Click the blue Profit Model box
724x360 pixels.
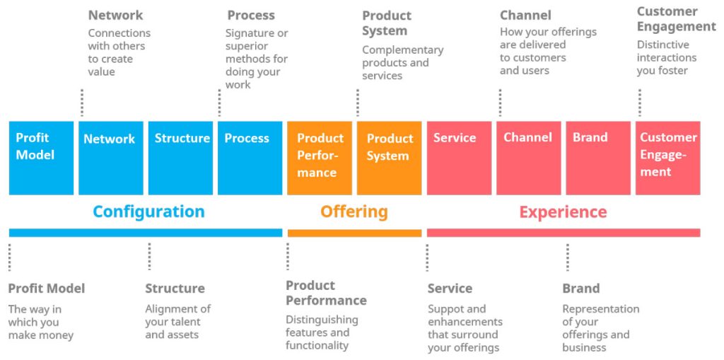pyautogui.click(x=41, y=157)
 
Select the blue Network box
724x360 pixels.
pyautogui.click(x=110, y=157)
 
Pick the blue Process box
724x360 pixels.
pyautogui.click(x=250, y=157)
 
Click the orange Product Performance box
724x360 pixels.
pyautogui.click(x=319, y=157)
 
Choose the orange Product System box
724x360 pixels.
pyautogui.click(x=389, y=157)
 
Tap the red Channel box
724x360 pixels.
pyautogui.click(x=528, y=157)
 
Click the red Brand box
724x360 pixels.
pyautogui.click(x=597, y=157)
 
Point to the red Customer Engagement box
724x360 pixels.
pyautogui.click(x=667, y=157)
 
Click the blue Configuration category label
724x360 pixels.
pyautogui.click(x=148, y=211)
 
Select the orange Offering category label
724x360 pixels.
pyautogui.click(x=354, y=211)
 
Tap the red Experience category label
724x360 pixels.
pyautogui.click(x=563, y=211)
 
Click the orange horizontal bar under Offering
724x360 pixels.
pyautogui.click(x=354, y=233)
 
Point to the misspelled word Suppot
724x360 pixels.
pyautogui.click(x=447, y=309)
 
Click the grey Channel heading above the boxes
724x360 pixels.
pyautogui.click(x=525, y=15)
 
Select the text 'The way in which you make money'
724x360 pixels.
pyautogui.click(x=40, y=322)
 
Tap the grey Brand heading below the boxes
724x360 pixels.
pyautogui.click(x=580, y=289)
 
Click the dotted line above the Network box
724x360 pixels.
pyautogui.click(x=82, y=103)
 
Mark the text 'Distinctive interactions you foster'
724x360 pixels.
pyautogui.click(x=666, y=57)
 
